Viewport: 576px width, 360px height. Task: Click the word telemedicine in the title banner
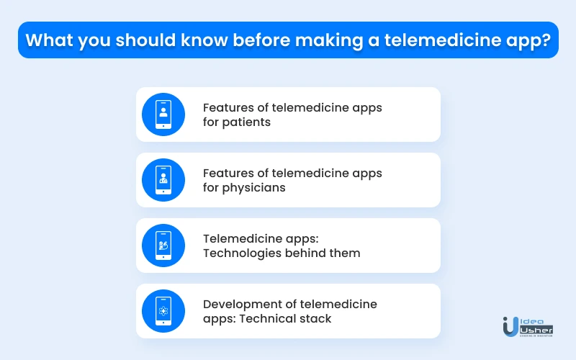pos(443,40)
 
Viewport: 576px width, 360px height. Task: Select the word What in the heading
pos(49,40)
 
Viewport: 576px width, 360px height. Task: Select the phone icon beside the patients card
pos(163,114)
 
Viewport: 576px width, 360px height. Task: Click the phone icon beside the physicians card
pos(163,180)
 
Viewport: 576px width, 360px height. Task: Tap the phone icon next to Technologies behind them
pos(163,246)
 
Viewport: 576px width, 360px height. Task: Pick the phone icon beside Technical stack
pos(163,311)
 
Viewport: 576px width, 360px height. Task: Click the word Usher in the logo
pos(536,330)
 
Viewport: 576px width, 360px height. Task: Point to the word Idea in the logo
pos(532,321)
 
